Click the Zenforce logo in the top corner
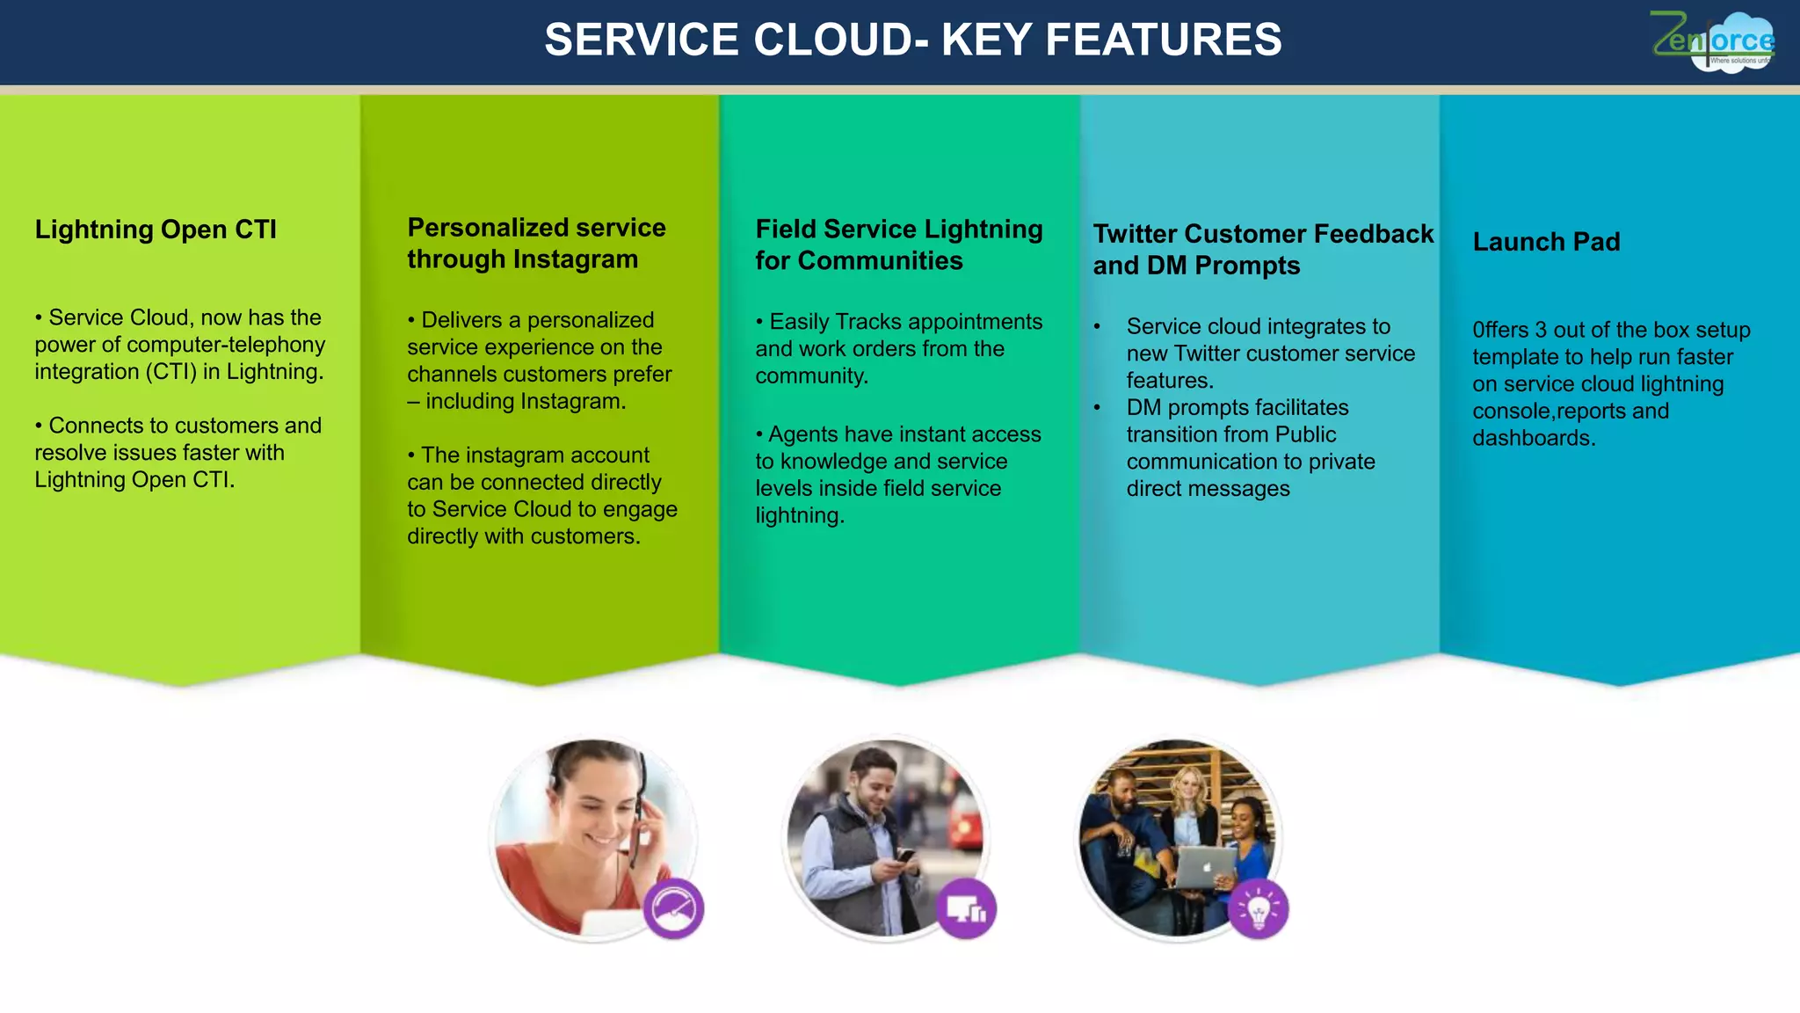point(1713,41)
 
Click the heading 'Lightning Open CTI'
point(156,230)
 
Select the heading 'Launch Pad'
point(1546,242)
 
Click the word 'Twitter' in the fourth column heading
point(1135,234)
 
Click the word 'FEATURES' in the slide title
point(1164,40)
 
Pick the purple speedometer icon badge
point(673,908)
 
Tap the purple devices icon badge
point(966,908)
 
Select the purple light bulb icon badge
point(1259,908)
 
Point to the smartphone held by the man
point(904,855)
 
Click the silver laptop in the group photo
point(1206,867)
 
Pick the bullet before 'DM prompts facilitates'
point(1097,408)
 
